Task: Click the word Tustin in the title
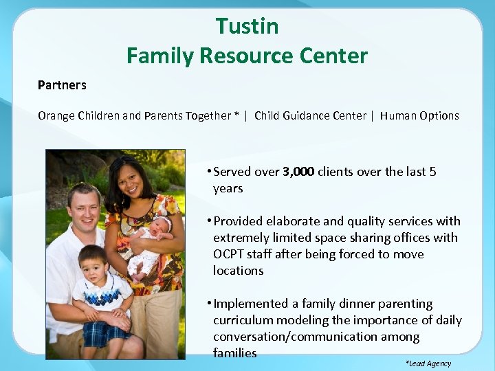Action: tap(247, 26)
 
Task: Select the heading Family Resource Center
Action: tap(247, 55)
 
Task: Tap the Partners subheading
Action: tap(62, 85)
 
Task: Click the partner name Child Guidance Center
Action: tap(310, 115)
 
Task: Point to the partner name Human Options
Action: tap(419, 115)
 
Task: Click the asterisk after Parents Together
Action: tap(236, 115)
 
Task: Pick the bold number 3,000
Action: tap(298, 172)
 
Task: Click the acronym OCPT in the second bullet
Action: tap(230, 254)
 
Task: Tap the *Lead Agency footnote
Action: tap(429, 363)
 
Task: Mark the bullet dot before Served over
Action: tap(208, 172)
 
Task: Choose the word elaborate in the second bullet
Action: tap(292, 221)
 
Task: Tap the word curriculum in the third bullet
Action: tap(241, 320)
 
